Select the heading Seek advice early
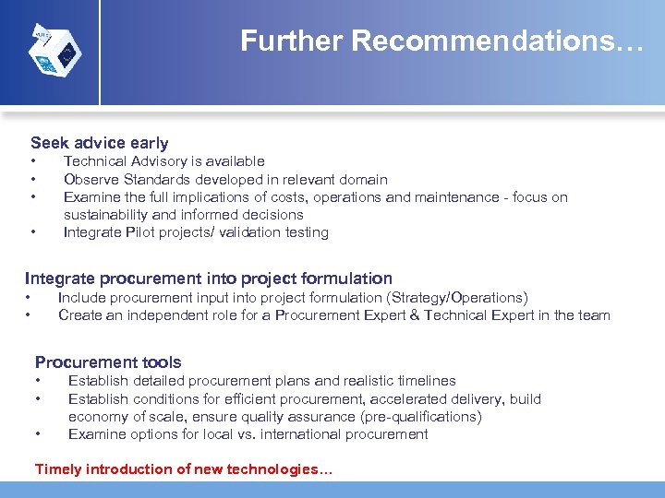(100, 143)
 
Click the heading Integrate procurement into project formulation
(209, 279)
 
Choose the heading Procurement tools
(108, 362)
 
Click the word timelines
(422, 381)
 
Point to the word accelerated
(410, 399)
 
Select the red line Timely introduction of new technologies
(184, 469)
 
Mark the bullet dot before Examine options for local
(39, 434)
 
